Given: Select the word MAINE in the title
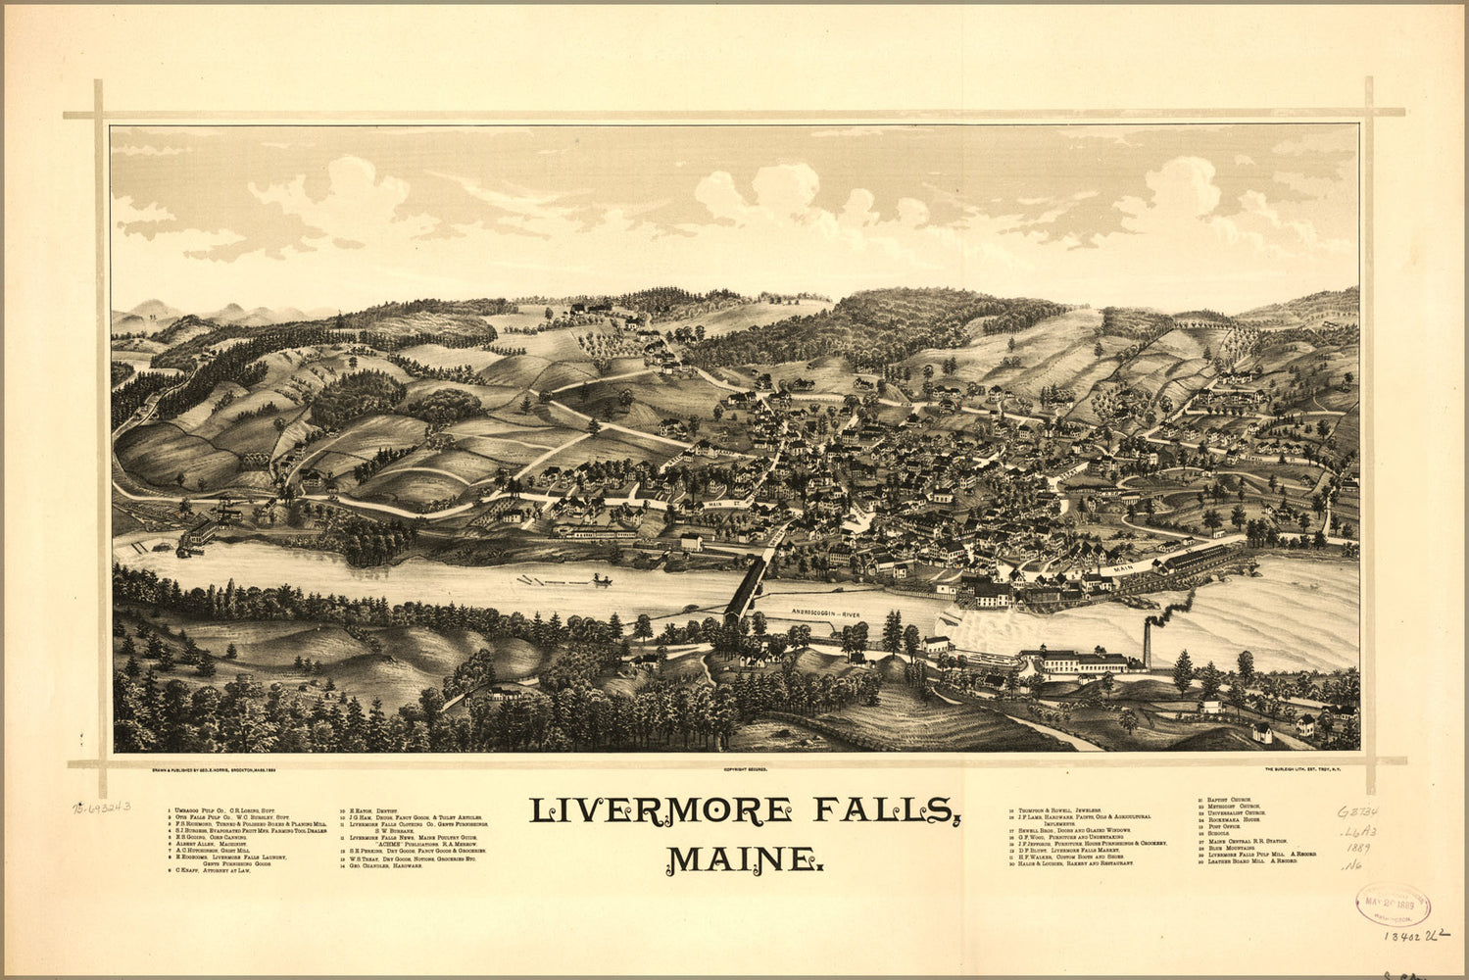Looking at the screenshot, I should coord(742,858).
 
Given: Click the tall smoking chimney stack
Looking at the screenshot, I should coord(1148,644).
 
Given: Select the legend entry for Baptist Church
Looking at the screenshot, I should coord(1225,801).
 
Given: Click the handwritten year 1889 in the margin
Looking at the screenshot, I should coord(1357,845).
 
